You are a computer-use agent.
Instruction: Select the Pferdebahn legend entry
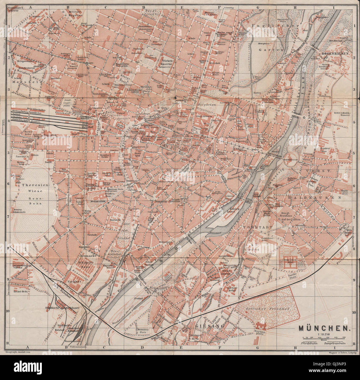307,343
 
